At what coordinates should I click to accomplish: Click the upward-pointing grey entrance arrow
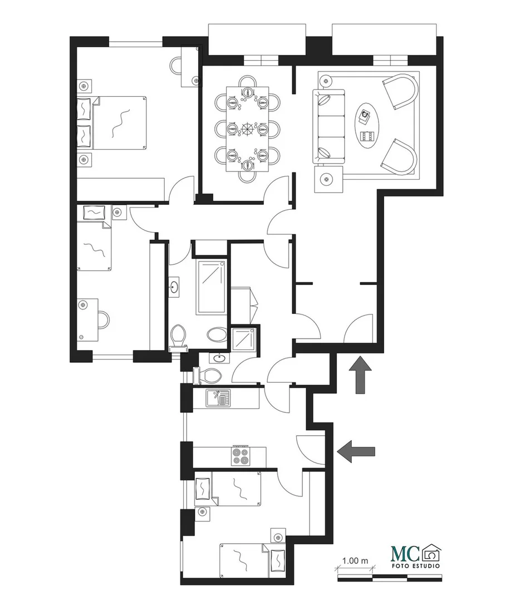pos(360,375)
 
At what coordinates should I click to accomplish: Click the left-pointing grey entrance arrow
pos(356,451)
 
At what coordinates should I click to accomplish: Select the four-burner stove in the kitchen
pos(241,456)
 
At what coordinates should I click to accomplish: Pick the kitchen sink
pos(218,398)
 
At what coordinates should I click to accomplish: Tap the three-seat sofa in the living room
pos(329,125)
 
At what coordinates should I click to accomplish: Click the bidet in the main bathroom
pos(217,334)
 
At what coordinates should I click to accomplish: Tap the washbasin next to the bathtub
pos(174,287)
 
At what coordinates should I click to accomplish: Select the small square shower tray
pos(244,338)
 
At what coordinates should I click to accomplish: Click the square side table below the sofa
pos(329,179)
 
